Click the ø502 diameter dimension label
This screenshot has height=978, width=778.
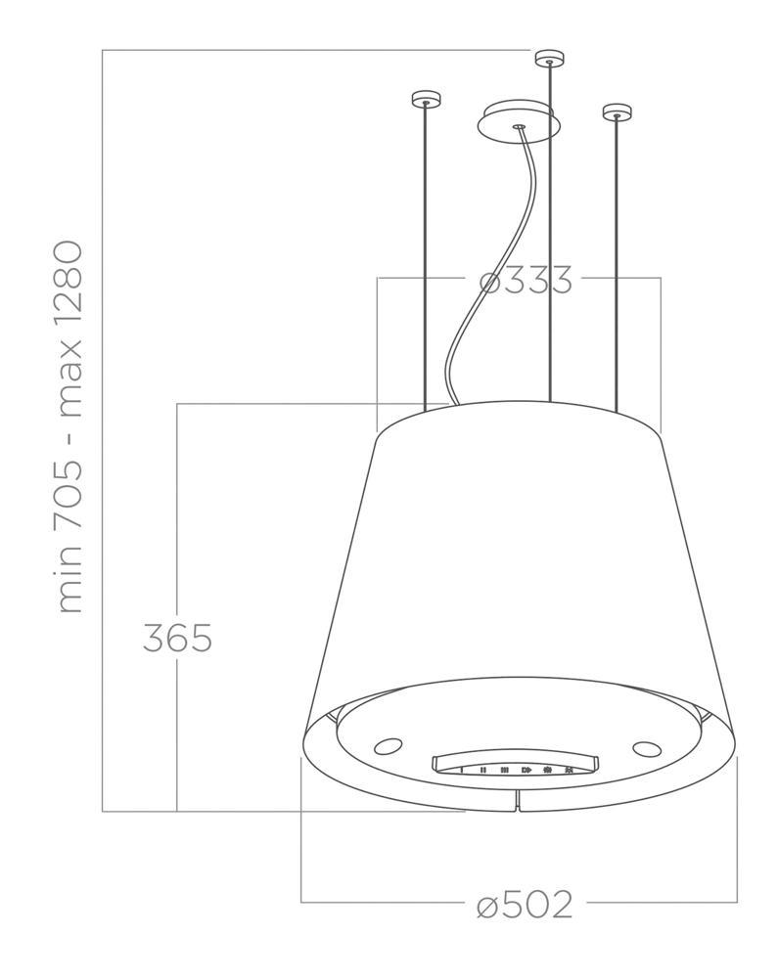click(x=525, y=905)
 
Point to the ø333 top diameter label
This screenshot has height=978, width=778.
click(x=526, y=280)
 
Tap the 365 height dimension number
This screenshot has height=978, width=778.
click(x=178, y=638)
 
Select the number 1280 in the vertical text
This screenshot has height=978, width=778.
click(x=69, y=286)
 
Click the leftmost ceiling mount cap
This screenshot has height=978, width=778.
click(x=426, y=99)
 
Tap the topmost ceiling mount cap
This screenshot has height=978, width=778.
click(x=549, y=58)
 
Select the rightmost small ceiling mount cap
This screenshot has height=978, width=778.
click(x=617, y=112)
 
